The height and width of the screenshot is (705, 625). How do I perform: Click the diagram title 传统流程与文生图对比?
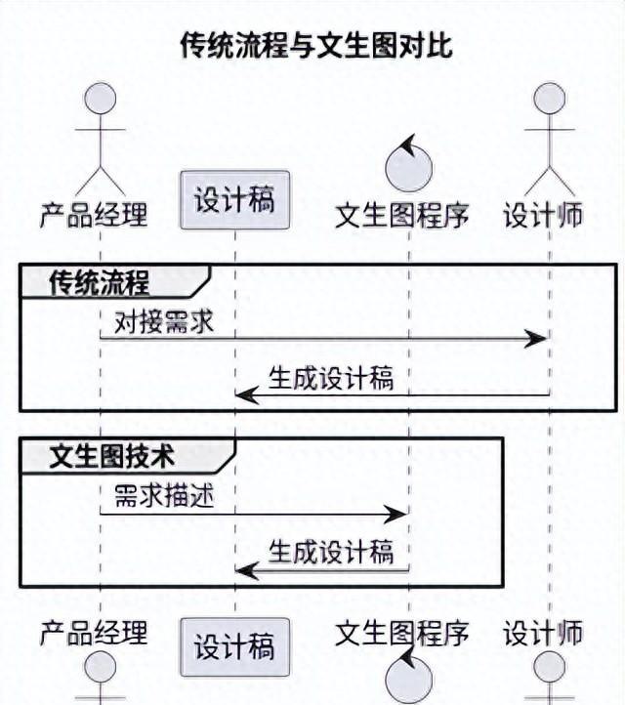click(316, 45)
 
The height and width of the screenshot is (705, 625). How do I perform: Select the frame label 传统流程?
click(100, 283)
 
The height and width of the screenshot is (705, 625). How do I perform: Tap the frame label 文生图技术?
click(112, 456)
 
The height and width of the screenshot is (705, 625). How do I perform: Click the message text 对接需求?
click(164, 322)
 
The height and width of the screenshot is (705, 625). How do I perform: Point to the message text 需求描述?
click(164, 495)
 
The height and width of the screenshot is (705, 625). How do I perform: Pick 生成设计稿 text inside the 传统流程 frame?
click(331, 378)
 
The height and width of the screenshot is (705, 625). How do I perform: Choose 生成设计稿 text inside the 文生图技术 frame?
click(331, 552)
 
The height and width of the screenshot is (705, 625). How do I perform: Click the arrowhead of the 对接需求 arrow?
click(535, 339)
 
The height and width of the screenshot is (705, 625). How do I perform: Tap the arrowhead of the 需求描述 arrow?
click(396, 514)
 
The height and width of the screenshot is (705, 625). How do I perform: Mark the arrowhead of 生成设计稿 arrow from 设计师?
click(247, 395)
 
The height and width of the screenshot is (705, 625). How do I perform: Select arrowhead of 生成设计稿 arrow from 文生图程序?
click(247, 570)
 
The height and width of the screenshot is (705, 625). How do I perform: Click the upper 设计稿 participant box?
click(234, 200)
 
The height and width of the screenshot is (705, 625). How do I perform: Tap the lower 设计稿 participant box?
click(234, 647)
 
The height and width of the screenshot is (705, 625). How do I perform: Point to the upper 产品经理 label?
click(94, 215)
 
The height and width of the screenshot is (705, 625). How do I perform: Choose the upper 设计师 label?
click(543, 215)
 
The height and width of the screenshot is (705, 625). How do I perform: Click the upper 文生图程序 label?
click(402, 215)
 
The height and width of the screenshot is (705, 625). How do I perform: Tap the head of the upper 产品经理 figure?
click(101, 99)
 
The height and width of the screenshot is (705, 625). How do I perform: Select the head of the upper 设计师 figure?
click(550, 99)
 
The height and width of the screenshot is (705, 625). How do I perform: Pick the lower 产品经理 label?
click(94, 633)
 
